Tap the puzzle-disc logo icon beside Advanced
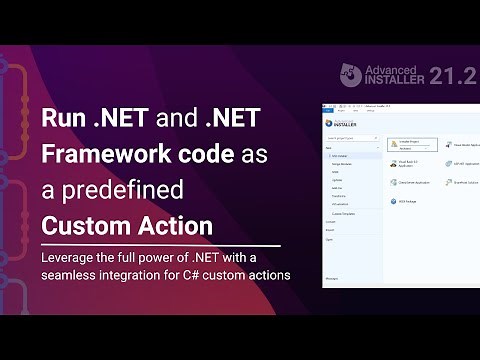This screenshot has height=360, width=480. tap(351, 76)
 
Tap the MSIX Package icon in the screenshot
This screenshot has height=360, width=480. tap(393, 201)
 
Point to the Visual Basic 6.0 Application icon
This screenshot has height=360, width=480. tap(393, 163)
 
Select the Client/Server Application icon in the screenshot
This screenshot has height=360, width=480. tap(393, 182)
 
